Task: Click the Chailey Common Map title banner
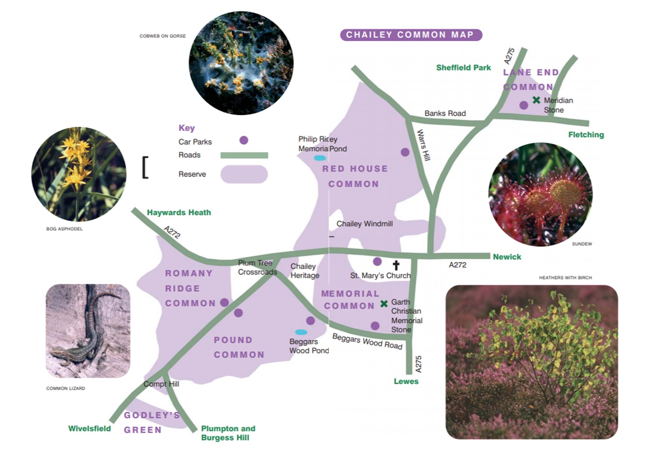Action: click(x=411, y=35)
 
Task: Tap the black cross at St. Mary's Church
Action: click(x=396, y=265)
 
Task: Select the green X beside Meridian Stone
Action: click(x=536, y=100)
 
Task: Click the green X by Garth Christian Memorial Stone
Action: click(x=384, y=304)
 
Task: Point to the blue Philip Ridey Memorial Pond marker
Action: click(x=320, y=158)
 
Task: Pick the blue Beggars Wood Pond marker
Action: click(x=301, y=332)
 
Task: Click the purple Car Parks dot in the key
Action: click(x=244, y=140)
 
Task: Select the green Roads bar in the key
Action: click(x=244, y=155)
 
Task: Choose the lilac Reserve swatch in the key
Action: click(x=244, y=174)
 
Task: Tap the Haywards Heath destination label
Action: click(x=179, y=213)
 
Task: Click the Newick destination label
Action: click(x=507, y=257)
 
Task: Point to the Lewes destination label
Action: click(x=406, y=381)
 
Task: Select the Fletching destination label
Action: click(x=586, y=135)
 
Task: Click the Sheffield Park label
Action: click(x=463, y=68)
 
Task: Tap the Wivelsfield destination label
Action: click(x=89, y=429)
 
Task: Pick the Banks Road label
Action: click(x=445, y=113)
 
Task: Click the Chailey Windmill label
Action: click(x=364, y=224)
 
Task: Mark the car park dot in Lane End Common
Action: click(x=523, y=105)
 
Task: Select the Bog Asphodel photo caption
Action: click(x=64, y=229)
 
